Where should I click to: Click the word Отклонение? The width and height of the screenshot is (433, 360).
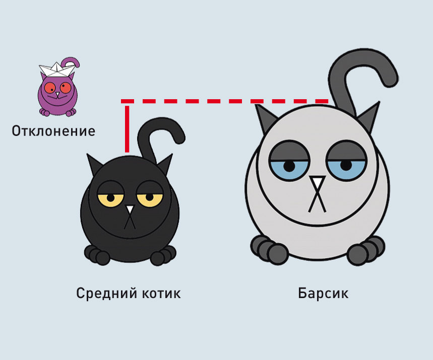pos(53,131)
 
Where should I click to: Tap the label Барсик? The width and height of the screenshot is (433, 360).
pos(323,293)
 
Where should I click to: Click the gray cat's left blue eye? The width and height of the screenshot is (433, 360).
pos(288,166)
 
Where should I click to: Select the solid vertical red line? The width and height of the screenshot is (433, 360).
pos(127,128)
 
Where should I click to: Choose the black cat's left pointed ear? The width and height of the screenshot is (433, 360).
pos(94,164)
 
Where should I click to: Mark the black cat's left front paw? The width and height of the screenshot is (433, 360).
pos(97,255)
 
